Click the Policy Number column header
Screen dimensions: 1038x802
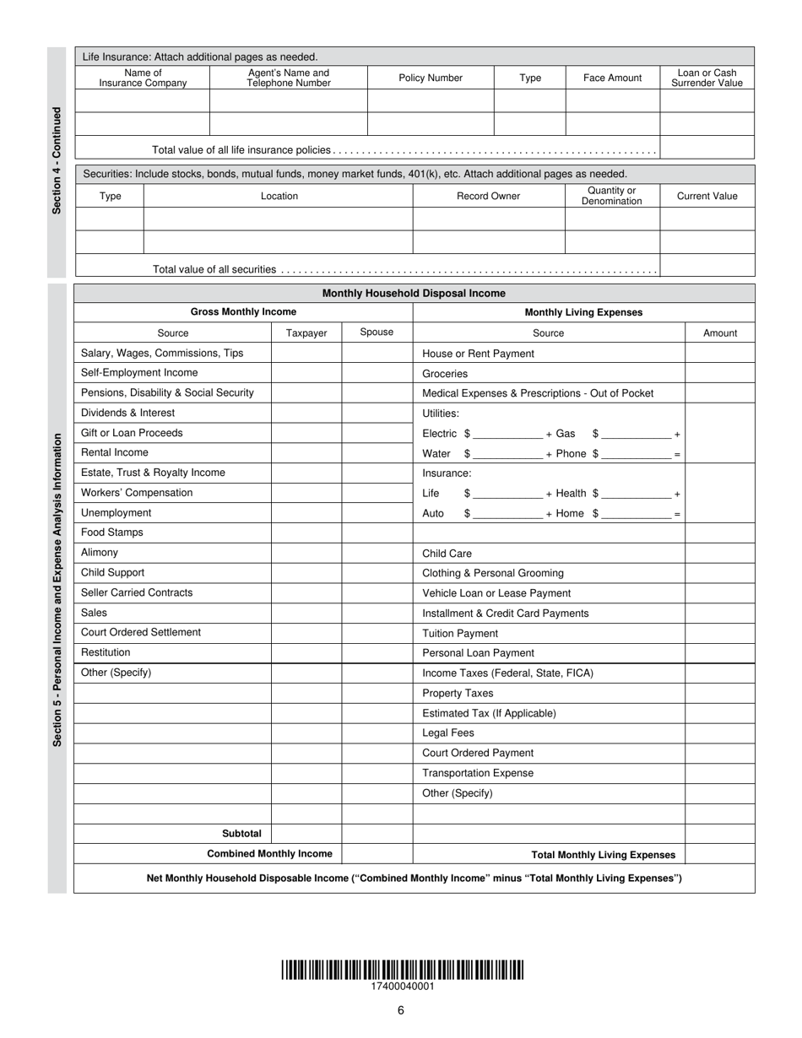coord(431,78)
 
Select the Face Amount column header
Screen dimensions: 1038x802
coord(612,78)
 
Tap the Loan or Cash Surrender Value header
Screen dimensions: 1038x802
coord(707,78)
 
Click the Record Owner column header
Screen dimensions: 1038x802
coord(488,196)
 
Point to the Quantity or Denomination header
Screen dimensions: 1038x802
coord(612,196)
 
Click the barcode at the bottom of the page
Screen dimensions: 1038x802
coord(402,970)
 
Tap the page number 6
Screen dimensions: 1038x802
coord(401,1011)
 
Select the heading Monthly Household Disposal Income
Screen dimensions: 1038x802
coord(414,294)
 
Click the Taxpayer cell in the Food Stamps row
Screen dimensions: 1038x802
coord(306,533)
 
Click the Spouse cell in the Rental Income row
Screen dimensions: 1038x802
coord(377,453)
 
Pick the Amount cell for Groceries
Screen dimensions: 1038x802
coord(719,373)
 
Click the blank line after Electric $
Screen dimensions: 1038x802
coord(508,435)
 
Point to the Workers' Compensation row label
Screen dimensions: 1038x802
coord(137,493)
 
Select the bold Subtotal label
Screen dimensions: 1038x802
coord(241,834)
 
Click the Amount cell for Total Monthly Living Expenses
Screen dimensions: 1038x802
coord(719,854)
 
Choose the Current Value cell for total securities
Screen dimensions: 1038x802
coord(707,267)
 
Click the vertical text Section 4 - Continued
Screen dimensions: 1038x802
coord(57,160)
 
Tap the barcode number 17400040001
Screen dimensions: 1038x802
coord(403,987)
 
